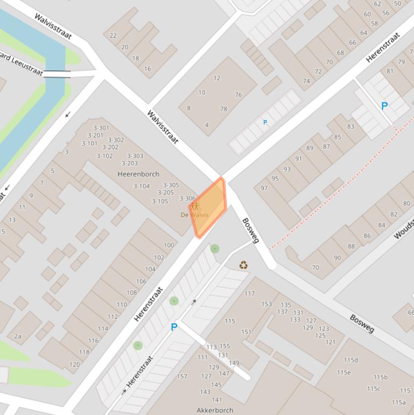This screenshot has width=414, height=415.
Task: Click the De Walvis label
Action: click(194, 215)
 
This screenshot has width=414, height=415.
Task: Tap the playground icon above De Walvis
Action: click(195, 206)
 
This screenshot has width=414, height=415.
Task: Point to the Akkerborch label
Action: click(215, 410)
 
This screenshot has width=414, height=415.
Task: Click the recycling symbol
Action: click(244, 265)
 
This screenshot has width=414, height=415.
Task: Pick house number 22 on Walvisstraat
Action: click(113, 36)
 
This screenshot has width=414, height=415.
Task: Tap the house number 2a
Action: click(18, 337)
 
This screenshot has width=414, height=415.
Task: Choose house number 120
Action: click(74, 365)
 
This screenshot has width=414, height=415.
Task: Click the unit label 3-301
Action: click(101, 128)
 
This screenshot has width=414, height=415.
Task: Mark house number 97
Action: click(264, 188)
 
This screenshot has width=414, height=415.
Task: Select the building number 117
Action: click(249, 294)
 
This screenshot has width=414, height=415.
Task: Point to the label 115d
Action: click(351, 360)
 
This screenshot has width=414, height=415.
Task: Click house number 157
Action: click(182, 376)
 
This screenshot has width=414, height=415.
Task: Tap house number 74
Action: click(306, 81)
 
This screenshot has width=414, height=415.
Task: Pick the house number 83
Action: click(351, 126)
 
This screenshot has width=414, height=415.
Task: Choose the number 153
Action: click(266, 305)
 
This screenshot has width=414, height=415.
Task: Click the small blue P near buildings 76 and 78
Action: click(265, 123)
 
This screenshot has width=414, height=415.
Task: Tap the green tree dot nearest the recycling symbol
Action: click(215, 248)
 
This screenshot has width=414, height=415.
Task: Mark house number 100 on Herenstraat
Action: click(169, 245)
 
